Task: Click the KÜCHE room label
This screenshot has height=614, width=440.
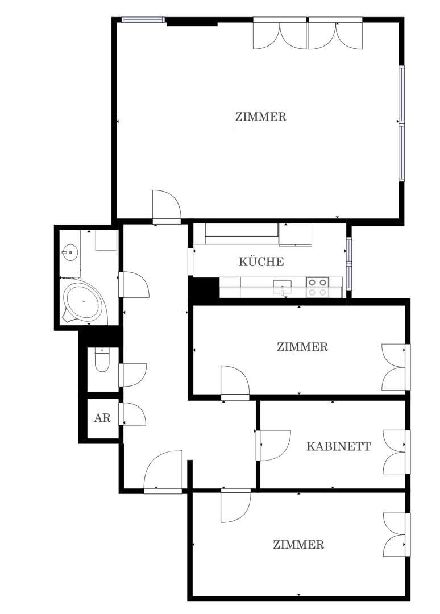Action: pyautogui.click(x=261, y=262)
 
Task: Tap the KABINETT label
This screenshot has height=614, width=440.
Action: pyautogui.click(x=338, y=446)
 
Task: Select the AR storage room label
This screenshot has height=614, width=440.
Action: pyautogui.click(x=102, y=418)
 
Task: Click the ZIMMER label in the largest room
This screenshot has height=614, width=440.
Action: pyautogui.click(x=261, y=117)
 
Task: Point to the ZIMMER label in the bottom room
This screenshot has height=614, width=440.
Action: pyautogui.click(x=298, y=545)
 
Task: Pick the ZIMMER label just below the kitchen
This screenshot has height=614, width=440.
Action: pyautogui.click(x=302, y=347)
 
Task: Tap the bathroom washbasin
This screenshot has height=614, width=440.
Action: pyautogui.click(x=70, y=252)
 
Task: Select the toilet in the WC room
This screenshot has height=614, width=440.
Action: pyautogui.click(x=102, y=360)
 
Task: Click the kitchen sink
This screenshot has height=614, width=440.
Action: pyautogui.click(x=282, y=287)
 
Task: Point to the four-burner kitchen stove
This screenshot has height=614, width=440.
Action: pyautogui.click(x=317, y=287)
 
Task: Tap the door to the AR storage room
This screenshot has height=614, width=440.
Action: pyautogui.click(x=134, y=414)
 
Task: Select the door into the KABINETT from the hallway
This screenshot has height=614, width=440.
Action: pyautogui.click(x=273, y=445)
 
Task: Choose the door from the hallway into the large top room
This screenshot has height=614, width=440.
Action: pyautogui.click(x=167, y=207)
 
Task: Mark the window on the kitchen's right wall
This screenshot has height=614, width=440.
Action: pyautogui.click(x=348, y=264)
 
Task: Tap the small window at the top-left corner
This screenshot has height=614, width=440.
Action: pyautogui.click(x=143, y=19)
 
